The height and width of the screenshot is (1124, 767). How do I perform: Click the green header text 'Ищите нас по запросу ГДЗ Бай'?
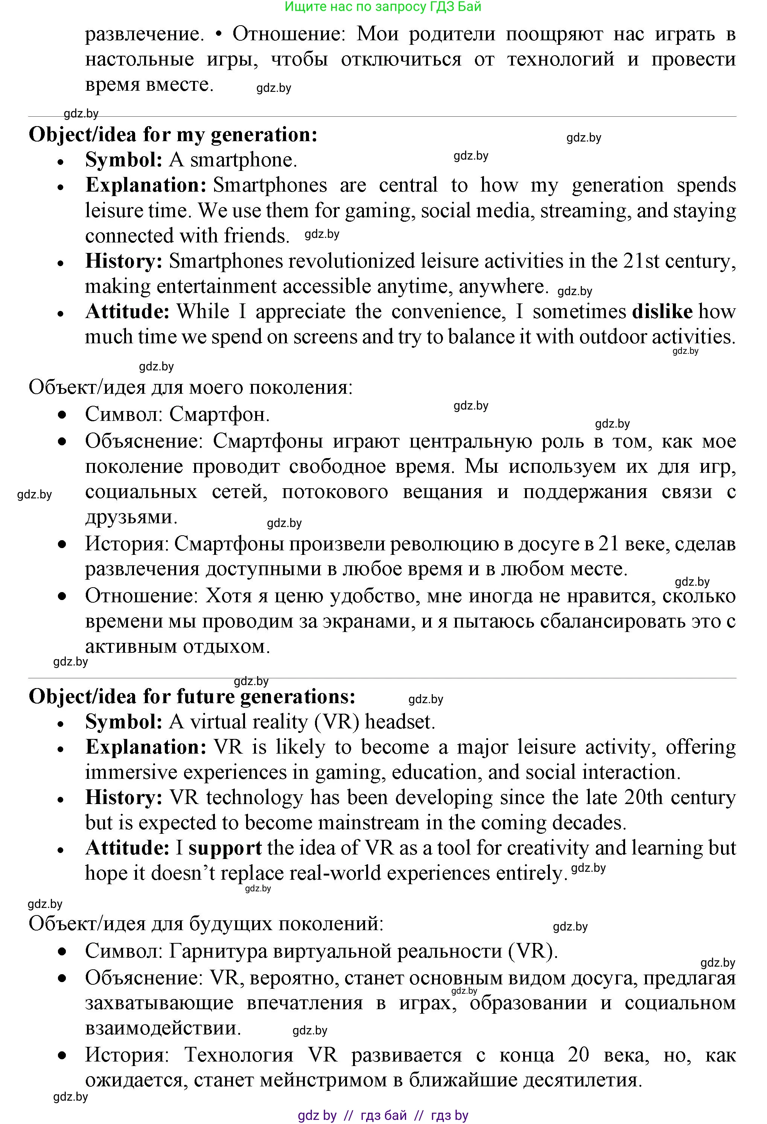coord(383,7)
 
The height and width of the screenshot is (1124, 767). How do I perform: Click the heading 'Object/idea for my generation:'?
coord(173,134)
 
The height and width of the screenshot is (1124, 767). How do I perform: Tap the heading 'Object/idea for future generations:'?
coord(192,696)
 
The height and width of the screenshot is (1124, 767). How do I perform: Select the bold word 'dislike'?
coord(662,311)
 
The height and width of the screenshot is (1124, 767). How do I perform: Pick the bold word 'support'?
coord(225,848)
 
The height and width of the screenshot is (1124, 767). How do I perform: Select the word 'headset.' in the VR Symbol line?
coord(400,722)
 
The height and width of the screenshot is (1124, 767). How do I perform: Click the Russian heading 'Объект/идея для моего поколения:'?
coord(190,387)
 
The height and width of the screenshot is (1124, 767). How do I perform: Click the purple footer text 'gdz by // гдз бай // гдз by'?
coord(383,1115)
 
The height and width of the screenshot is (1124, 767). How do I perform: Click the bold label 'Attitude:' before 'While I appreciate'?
coord(127,311)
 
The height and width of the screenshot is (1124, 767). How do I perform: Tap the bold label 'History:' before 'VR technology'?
coord(124,798)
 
